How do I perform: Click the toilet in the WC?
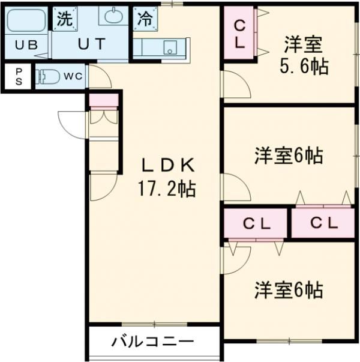click(x=47, y=76)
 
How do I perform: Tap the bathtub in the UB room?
click(x=26, y=20)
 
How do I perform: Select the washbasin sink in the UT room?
click(x=113, y=15)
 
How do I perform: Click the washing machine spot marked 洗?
click(x=65, y=19)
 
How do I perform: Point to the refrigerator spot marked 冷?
click(x=145, y=19)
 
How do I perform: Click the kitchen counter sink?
click(x=170, y=47)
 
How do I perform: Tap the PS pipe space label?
click(x=19, y=77)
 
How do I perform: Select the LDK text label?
click(x=168, y=165)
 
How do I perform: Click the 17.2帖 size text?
click(x=167, y=189)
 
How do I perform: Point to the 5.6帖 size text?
click(x=304, y=66)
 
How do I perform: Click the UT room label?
click(x=92, y=44)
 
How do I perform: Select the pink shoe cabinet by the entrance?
click(x=104, y=100)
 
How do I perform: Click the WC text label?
click(x=73, y=76)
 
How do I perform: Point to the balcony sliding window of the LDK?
click(x=154, y=324)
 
